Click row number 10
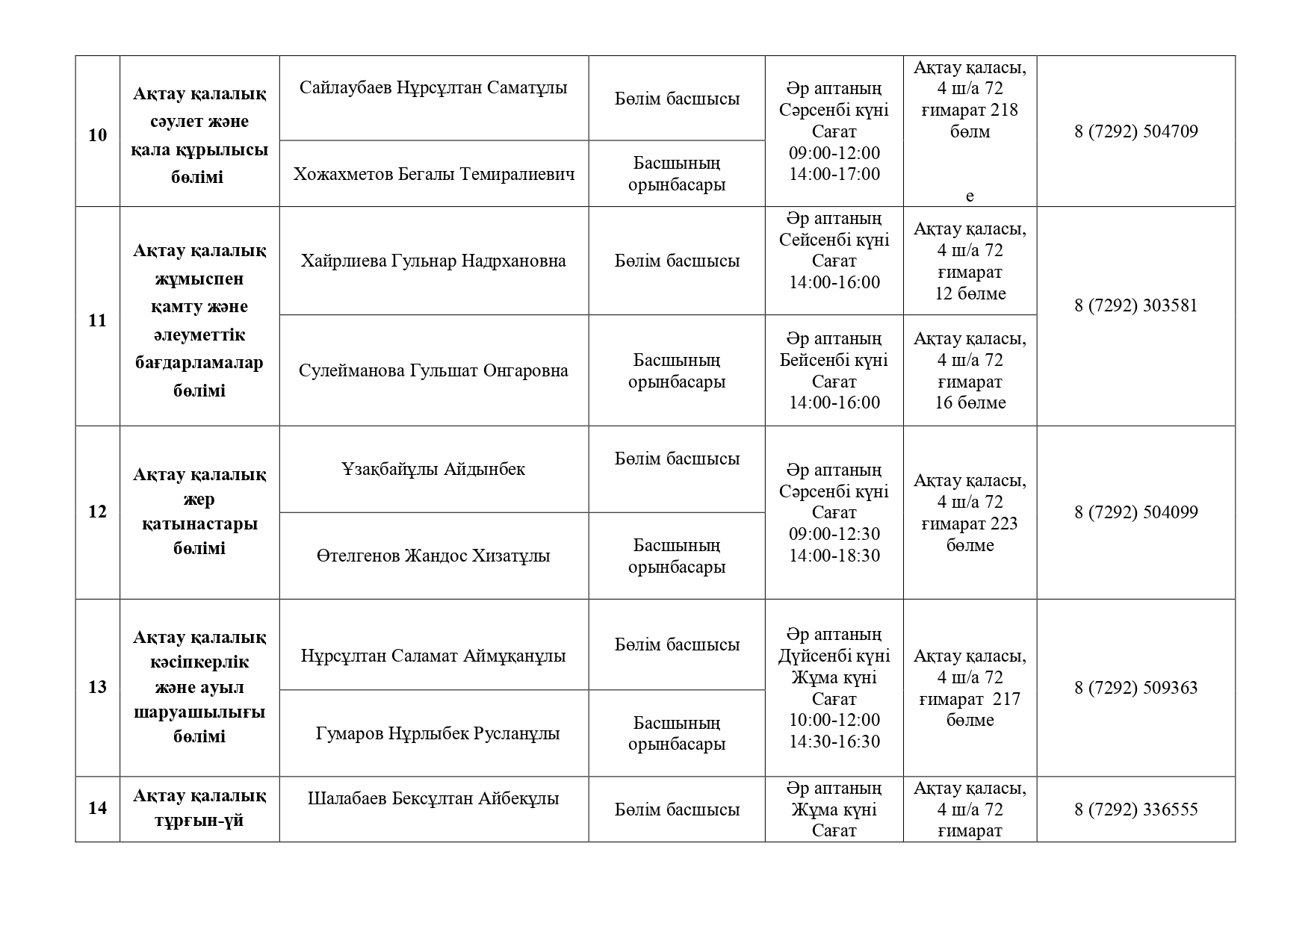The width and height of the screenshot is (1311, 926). point(98,135)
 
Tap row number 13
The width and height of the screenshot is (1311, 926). point(98,687)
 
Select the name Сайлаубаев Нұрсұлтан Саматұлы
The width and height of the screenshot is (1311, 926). point(433,88)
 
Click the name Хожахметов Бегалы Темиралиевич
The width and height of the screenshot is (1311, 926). point(434,175)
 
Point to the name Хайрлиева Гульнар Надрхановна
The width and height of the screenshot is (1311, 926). point(433,261)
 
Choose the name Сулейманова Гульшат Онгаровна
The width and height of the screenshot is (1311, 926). point(433,371)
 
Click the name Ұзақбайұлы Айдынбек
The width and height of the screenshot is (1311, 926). point(433,470)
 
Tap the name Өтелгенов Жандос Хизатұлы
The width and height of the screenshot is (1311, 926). point(433,556)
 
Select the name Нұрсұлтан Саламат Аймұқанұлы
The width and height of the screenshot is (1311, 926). point(433,656)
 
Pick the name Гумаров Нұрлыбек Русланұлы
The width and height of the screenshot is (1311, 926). point(438,734)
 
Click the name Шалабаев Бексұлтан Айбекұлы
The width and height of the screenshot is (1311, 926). point(433,799)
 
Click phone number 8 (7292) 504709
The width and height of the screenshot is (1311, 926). point(1135,132)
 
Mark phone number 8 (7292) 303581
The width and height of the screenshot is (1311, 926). point(1135,306)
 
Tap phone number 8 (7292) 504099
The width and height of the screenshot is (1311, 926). point(1135,513)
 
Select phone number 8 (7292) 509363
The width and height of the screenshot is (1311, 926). point(1135,688)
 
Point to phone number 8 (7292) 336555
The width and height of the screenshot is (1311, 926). point(1135,810)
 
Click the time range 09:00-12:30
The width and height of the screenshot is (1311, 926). point(834,535)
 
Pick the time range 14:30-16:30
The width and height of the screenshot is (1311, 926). point(834,742)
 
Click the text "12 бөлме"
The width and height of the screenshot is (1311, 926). point(970,294)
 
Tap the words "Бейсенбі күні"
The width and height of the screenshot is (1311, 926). point(834,361)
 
